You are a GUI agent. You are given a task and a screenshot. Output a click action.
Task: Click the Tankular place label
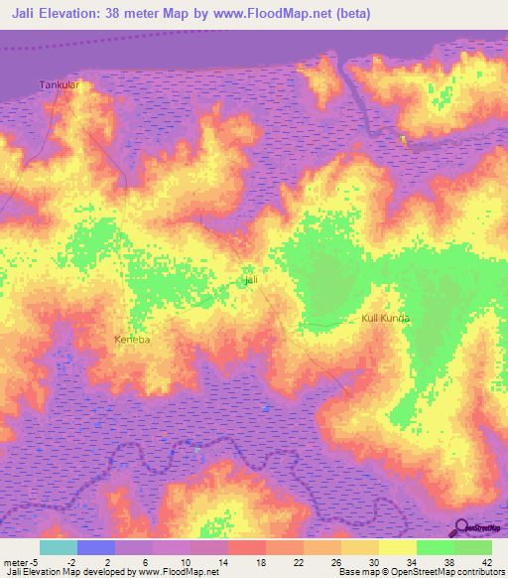tap(59, 85)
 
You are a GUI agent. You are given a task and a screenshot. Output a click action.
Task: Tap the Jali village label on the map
tap(251, 281)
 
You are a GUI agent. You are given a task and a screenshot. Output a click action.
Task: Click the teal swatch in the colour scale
tap(59, 547)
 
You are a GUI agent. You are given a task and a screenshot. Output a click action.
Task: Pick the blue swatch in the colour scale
tap(96, 547)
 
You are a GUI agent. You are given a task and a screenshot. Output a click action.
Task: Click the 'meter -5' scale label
tap(22, 562)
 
